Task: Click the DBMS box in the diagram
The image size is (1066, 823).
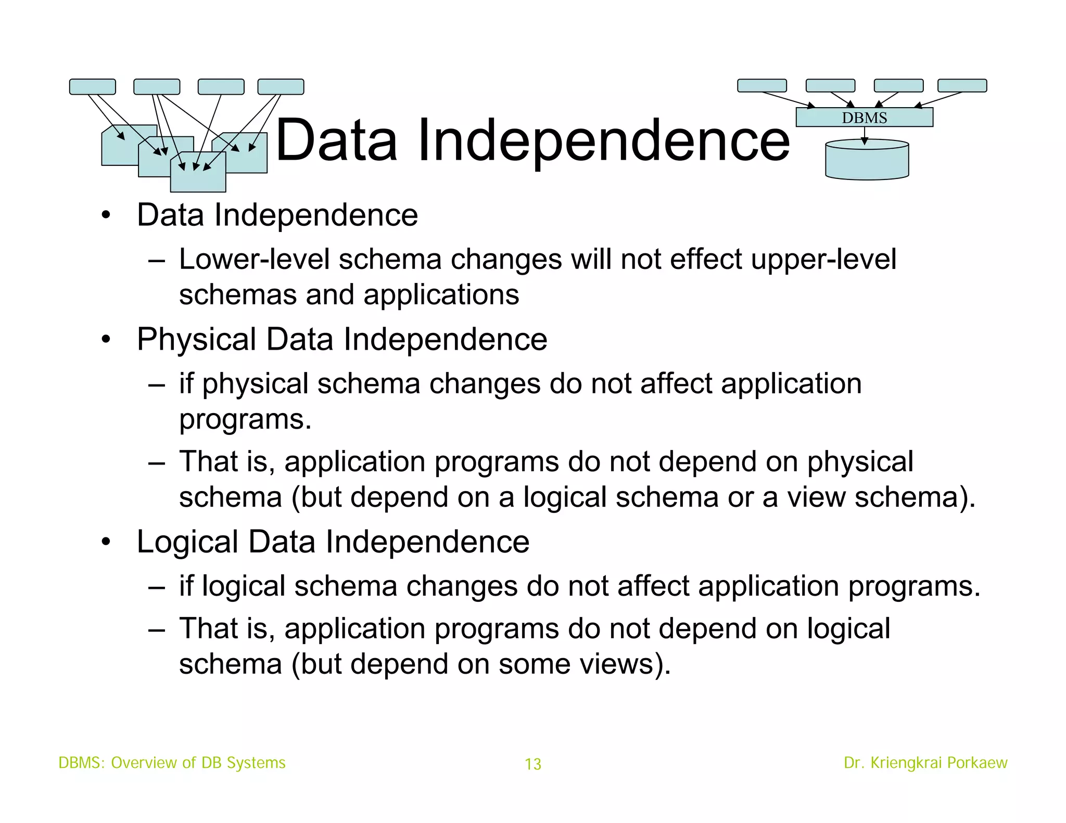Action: [864, 118]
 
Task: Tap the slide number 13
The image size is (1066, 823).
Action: [532, 764]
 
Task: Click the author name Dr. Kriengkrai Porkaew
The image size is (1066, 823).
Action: [925, 763]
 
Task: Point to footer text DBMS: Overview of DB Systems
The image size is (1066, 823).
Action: [172, 763]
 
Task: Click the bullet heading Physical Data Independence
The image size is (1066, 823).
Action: [341, 340]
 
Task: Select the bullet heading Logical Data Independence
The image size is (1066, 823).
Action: [333, 542]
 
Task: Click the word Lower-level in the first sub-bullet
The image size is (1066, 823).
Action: [254, 259]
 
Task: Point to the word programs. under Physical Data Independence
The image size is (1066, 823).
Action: [245, 419]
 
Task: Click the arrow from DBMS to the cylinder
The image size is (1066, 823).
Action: [865, 135]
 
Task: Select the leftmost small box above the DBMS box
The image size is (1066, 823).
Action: [762, 85]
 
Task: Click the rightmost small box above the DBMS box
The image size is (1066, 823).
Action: [962, 85]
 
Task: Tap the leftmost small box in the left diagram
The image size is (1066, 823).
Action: [92, 86]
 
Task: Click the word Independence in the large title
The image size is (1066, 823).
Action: [603, 140]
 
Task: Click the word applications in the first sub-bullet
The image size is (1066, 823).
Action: [441, 295]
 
